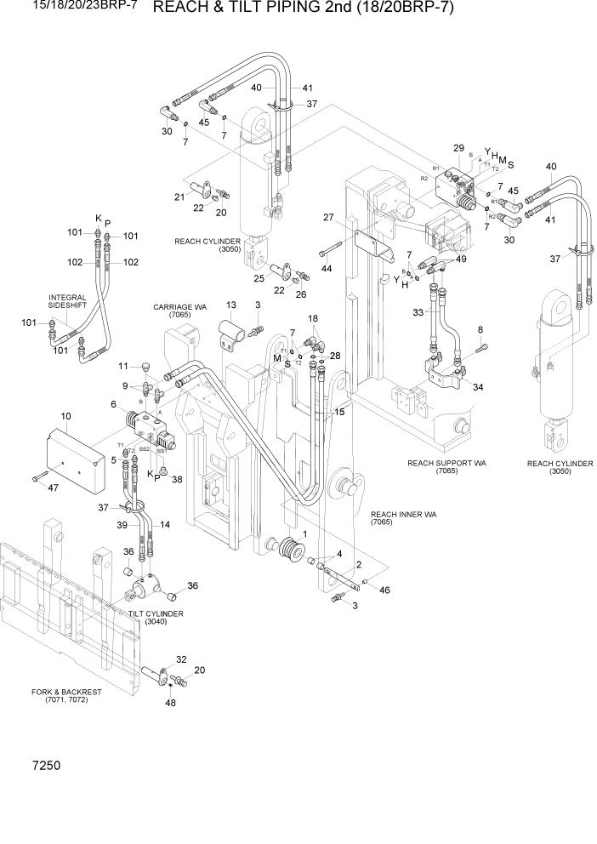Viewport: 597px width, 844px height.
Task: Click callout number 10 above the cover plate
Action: (x=66, y=417)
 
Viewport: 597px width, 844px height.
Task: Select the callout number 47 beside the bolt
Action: (x=53, y=488)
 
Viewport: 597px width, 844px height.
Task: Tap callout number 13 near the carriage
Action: (x=231, y=305)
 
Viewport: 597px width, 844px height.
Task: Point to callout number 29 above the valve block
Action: (x=458, y=148)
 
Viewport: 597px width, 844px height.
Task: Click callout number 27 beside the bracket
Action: (x=327, y=218)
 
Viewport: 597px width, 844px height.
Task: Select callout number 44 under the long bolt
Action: (x=327, y=268)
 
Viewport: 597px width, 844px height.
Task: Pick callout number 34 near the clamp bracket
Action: (x=478, y=387)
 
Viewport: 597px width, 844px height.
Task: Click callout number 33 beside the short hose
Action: (x=418, y=312)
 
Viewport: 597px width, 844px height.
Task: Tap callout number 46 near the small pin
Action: (x=385, y=590)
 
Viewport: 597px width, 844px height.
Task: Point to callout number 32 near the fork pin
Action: (x=181, y=659)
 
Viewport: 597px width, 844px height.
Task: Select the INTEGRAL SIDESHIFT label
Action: (x=68, y=303)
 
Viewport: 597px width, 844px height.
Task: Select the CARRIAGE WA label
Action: (x=176, y=311)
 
